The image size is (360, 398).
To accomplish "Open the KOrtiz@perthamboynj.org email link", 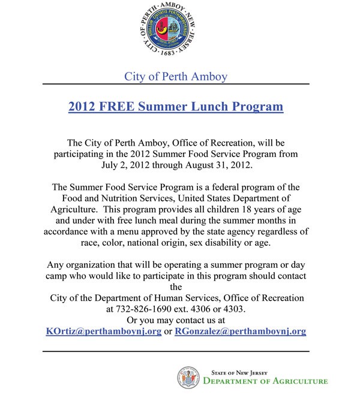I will (x=104, y=331).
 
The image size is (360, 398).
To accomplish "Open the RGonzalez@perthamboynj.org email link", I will (x=241, y=331).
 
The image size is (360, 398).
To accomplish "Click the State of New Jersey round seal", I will (x=188, y=377).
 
